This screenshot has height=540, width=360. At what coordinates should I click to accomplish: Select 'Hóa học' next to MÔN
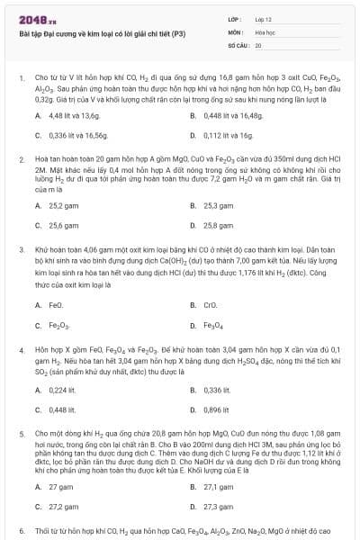(265, 31)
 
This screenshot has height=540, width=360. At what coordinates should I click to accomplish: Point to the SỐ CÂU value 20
(258, 44)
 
